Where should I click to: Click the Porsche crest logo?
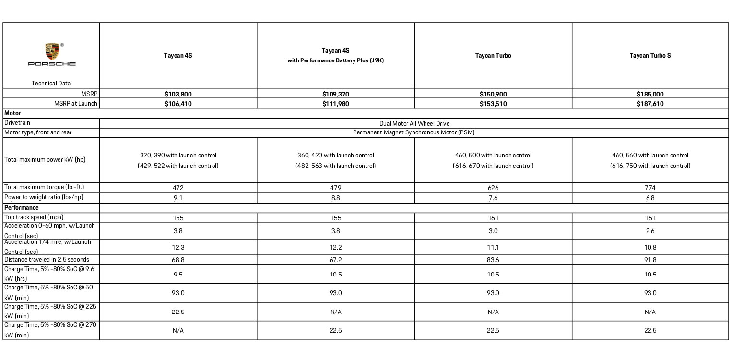[52, 51]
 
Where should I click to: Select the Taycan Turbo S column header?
[650, 56]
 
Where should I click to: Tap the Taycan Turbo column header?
[493, 56]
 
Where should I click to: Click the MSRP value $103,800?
[178, 94]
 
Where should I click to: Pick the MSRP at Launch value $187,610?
[650, 104]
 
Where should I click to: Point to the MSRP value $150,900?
[493, 94]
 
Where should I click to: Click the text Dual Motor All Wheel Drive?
[414, 123]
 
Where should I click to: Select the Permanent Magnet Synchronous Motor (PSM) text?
[413, 132]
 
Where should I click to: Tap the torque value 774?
[650, 188]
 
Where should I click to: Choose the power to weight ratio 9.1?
[178, 198]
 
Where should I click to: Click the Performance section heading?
[22, 208]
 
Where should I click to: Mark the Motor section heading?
[12, 113]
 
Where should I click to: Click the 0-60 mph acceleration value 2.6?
[650, 231]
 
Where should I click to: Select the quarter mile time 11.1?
[493, 247]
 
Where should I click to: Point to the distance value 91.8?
[650, 260]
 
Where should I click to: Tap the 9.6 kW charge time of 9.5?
[178, 275]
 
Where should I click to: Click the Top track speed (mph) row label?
[34, 217]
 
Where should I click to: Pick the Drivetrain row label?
[17, 123]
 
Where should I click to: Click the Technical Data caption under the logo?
[51, 83]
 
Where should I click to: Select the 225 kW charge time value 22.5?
[178, 312]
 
